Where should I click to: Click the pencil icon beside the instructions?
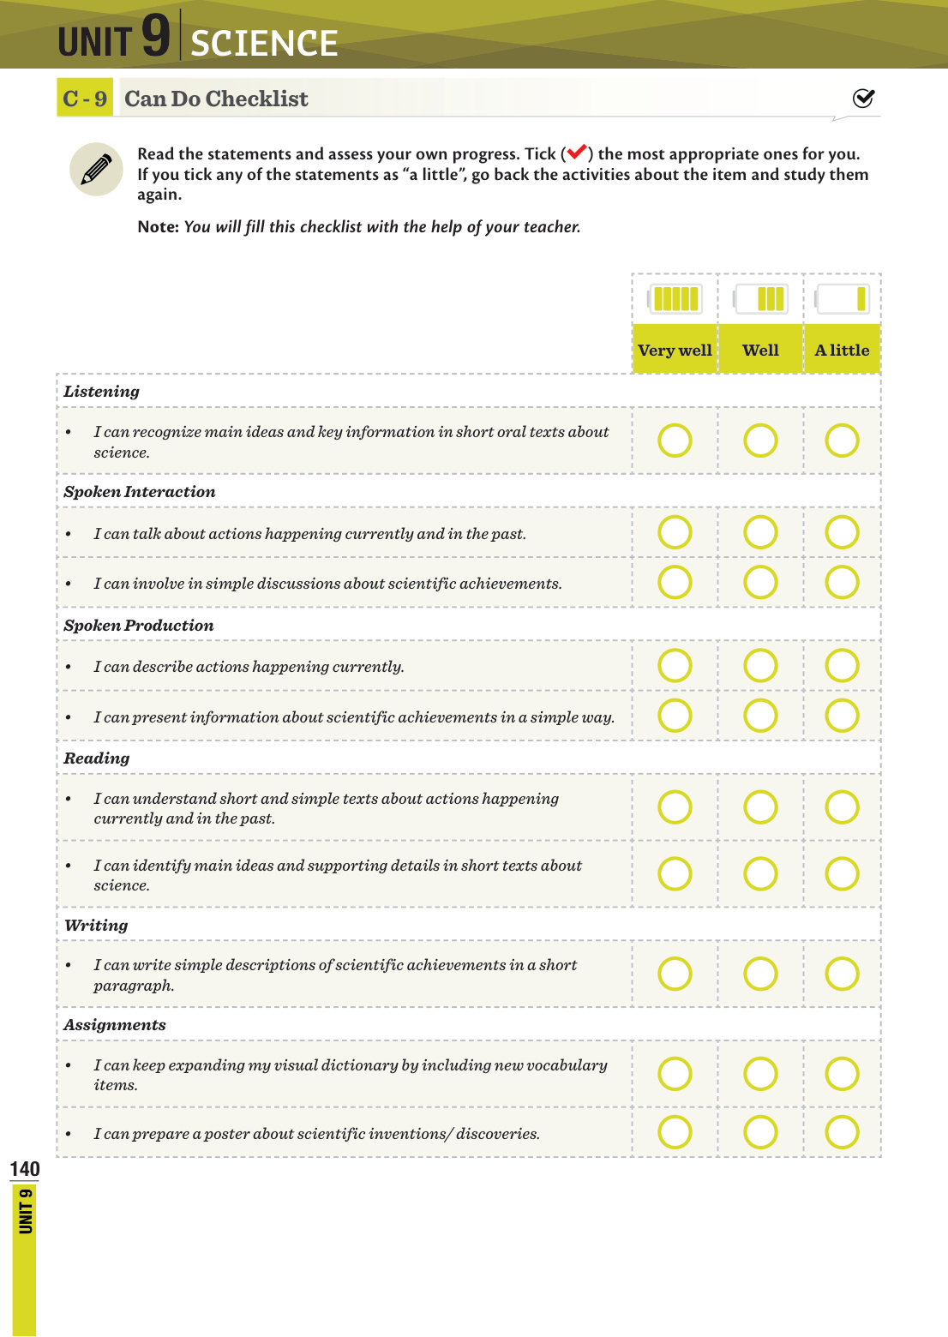(x=96, y=169)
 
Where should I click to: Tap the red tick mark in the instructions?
(x=576, y=153)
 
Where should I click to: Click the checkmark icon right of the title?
(x=863, y=99)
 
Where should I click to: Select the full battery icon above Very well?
(x=675, y=299)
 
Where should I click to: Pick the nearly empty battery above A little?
(x=843, y=299)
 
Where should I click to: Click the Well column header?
(x=760, y=350)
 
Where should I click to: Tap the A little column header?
(x=842, y=350)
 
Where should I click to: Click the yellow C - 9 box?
(x=85, y=99)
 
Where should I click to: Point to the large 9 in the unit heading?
(x=156, y=36)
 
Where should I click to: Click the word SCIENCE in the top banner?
(x=264, y=44)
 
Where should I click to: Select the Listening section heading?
(x=101, y=392)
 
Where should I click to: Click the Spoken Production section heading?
(x=138, y=626)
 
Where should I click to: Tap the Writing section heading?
(x=96, y=926)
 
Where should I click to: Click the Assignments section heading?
(x=114, y=1025)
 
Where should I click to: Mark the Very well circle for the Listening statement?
(x=675, y=441)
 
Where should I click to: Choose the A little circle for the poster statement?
(x=842, y=1132)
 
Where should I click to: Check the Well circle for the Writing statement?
(x=760, y=974)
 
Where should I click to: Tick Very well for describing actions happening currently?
(x=675, y=665)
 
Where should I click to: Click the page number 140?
(x=25, y=1169)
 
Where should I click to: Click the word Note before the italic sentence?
(x=158, y=227)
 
